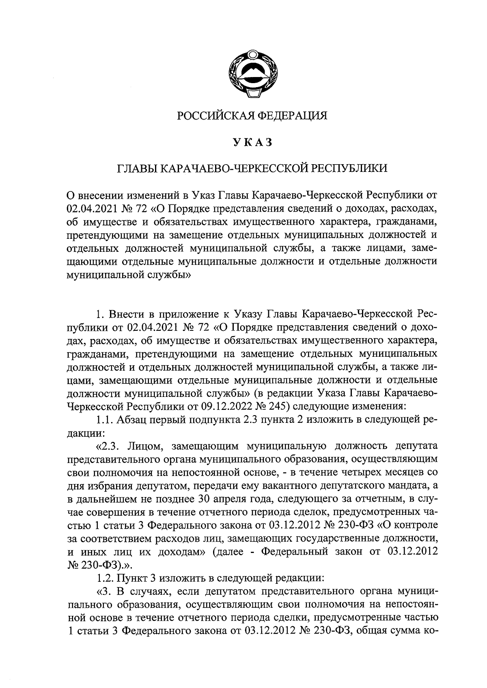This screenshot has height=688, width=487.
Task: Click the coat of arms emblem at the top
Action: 251,73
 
